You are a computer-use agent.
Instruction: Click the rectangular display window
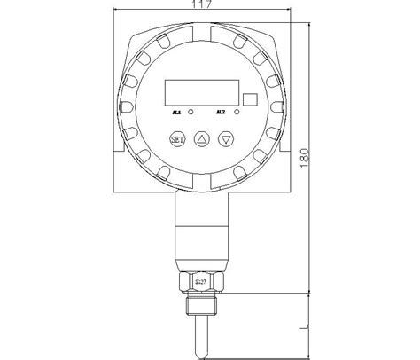click(200, 93)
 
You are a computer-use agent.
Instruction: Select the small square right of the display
click(250, 101)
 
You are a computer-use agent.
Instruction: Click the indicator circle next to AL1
click(191, 113)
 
